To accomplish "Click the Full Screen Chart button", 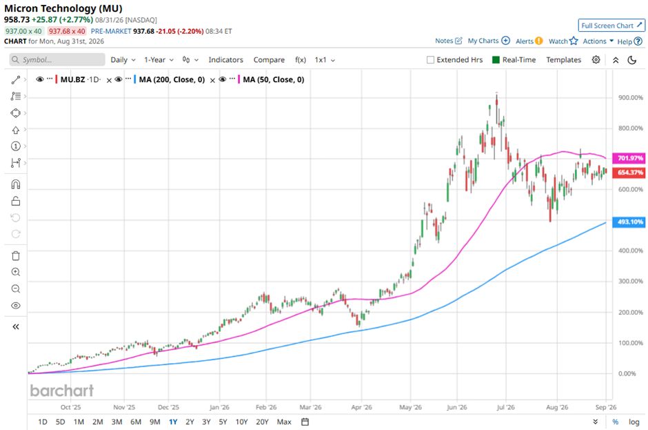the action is pyautogui.click(x=611, y=26).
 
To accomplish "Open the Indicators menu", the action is pyautogui.click(x=225, y=59).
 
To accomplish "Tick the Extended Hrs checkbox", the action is pyautogui.click(x=430, y=59).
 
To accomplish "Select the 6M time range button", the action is pyautogui.click(x=136, y=422).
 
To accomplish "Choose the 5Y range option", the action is pyautogui.click(x=223, y=422).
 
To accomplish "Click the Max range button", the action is pyautogui.click(x=284, y=422).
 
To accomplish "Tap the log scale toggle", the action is pyautogui.click(x=634, y=422).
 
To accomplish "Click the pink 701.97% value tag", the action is pyautogui.click(x=630, y=158).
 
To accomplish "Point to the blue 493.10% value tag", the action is pyautogui.click(x=630, y=222).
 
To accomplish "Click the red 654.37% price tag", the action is pyautogui.click(x=630, y=172).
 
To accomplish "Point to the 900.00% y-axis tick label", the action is pyautogui.click(x=631, y=98).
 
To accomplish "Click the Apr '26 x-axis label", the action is pyautogui.click(x=362, y=407).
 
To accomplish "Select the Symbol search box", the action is pyautogui.click(x=57, y=59).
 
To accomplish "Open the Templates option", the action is pyautogui.click(x=564, y=59).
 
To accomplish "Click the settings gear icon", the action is pyautogui.click(x=596, y=59).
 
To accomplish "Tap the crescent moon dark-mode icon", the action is pyautogui.click(x=632, y=60).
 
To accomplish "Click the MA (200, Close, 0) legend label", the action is pyautogui.click(x=172, y=79).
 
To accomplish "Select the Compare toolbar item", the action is pyautogui.click(x=269, y=59).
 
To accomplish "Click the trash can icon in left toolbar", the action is pyautogui.click(x=16, y=256).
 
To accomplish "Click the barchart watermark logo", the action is pyautogui.click(x=62, y=390).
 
